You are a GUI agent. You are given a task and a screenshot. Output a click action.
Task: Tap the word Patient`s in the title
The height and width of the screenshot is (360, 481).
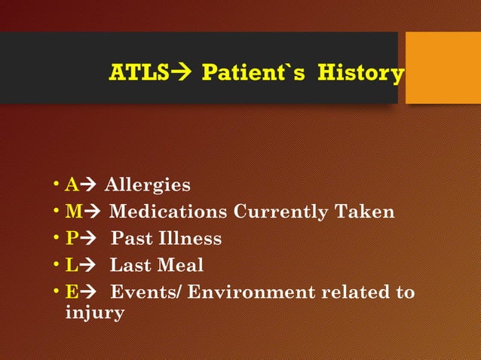pyautogui.click(x=253, y=74)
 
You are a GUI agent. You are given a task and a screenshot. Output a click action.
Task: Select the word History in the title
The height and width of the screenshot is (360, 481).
pyautogui.click(x=360, y=74)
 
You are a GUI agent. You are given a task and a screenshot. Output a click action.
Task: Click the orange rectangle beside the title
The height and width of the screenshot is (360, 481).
pyautogui.click(x=443, y=68)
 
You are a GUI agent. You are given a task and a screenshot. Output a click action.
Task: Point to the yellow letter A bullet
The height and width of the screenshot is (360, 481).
pyautogui.click(x=72, y=185)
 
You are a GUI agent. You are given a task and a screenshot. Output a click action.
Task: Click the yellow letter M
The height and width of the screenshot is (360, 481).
pyautogui.click(x=74, y=212)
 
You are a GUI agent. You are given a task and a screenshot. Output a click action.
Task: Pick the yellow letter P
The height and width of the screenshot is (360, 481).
pyautogui.click(x=72, y=239)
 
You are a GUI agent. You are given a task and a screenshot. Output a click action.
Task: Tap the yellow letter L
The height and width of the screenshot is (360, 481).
pyautogui.click(x=72, y=266)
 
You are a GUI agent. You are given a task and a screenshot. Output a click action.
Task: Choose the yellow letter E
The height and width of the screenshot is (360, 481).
pyautogui.click(x=72, y=292)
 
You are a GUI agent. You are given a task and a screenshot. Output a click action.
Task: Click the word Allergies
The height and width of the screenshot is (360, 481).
pyautogui.click(x=147, y=185)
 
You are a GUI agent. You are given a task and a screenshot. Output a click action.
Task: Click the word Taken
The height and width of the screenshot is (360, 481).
pyautogui.click(x=365, y=212)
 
